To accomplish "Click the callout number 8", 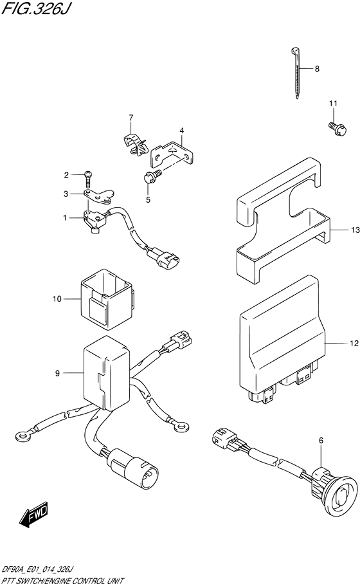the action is point(317,69).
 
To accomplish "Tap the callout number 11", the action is point(334,104).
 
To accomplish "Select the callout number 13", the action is point(355,230).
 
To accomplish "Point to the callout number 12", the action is point(354,343).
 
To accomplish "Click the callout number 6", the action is point(321,441).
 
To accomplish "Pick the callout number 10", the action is point(57,299).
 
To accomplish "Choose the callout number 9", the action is point(57,373).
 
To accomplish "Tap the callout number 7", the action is point(130,118).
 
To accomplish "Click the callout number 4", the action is point(182,131).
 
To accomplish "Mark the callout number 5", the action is point(148,200).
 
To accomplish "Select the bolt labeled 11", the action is point(338,127).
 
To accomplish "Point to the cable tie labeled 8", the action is point(296,73).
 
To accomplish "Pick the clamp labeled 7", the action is point(135,143).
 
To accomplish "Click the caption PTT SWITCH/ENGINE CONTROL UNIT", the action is point(62,581).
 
